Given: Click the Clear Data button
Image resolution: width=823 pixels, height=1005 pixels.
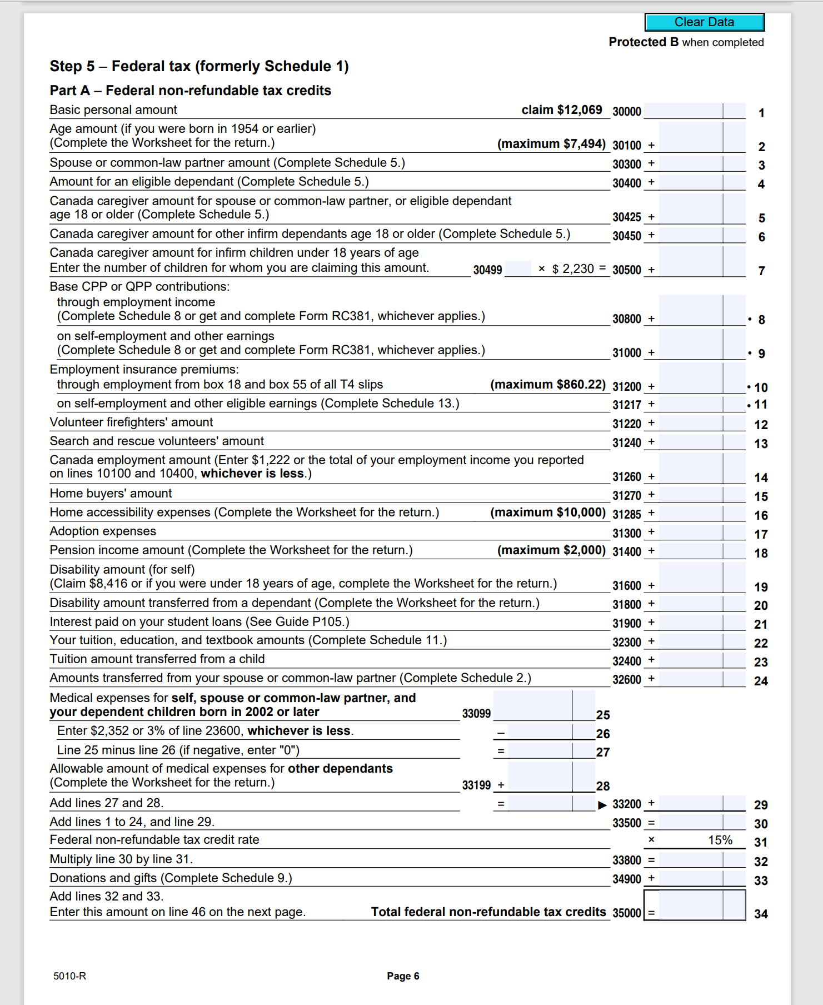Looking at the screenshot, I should (x=704, y=22).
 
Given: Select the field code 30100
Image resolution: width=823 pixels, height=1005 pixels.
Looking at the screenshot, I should (x=626, y=146).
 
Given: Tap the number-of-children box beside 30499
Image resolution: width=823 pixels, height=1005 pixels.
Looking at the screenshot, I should (x=518, y=269).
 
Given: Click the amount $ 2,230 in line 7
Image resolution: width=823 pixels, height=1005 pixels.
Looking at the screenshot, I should (x=573, y=269).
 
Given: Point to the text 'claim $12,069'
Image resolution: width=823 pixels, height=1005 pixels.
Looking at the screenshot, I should (x=561, y=110).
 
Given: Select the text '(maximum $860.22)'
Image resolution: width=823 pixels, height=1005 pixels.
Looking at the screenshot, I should (x=547, y=385).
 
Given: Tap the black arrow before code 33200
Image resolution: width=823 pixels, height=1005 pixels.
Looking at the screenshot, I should (x=602, y=805).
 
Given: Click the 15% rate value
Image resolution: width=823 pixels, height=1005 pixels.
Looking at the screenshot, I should (x=720, y=840).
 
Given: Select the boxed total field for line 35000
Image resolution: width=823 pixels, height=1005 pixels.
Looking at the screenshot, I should (x=695, y=906).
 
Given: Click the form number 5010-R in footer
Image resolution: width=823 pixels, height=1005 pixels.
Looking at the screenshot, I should (x=69, y=976).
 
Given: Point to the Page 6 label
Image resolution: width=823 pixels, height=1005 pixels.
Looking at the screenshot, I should (x=403, y=976).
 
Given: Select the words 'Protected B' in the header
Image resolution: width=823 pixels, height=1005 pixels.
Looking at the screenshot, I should (x=644, y=42).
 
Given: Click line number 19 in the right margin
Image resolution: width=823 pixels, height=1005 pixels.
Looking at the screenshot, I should (x=761, y=587).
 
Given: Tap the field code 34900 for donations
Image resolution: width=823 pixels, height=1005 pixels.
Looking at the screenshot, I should (x=626, y=879).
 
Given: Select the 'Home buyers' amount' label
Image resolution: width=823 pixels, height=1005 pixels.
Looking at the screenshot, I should (x=111, y=494).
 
